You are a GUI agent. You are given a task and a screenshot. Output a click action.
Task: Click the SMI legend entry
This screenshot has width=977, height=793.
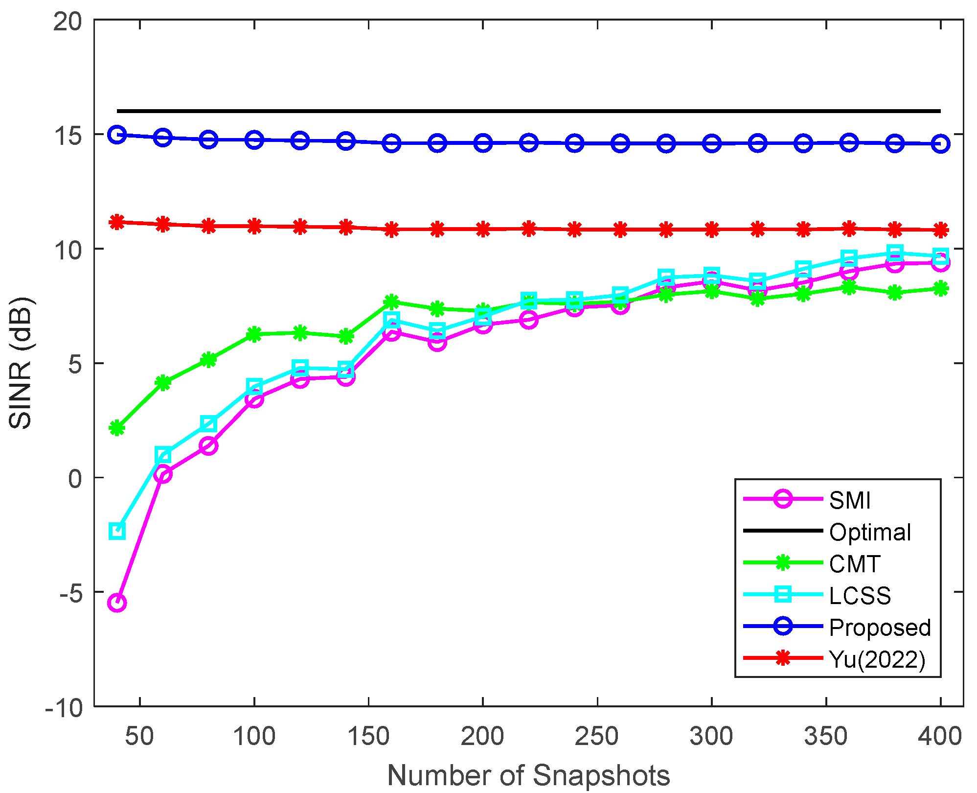pos(850,500)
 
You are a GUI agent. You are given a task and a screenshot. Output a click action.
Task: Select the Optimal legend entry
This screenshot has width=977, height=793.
pos(870,532)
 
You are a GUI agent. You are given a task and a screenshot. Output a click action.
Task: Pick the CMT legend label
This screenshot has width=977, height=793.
pos(855,564)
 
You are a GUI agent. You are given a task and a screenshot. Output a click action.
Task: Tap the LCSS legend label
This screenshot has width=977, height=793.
pos(860,596)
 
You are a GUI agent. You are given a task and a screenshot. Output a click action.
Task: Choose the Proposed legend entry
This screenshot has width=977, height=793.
pos(880,628)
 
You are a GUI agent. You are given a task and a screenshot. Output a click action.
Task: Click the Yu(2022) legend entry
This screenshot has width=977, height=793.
pos(877,659)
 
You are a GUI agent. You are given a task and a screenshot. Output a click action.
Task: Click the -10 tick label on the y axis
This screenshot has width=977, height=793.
pos(64,707)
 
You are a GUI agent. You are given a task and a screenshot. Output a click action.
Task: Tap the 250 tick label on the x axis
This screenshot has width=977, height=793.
pos(597,736)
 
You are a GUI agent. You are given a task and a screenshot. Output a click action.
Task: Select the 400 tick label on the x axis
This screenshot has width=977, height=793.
pos(940,736)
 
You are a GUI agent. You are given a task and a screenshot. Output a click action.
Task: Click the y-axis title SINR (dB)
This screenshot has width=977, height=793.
pos(21,363)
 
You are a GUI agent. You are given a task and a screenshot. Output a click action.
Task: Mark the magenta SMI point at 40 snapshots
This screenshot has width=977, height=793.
pos(117,603)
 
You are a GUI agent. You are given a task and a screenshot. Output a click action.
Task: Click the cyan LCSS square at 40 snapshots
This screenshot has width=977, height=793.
pos(117,531)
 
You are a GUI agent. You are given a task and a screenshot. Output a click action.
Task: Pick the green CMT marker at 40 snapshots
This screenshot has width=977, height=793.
pos(117,428)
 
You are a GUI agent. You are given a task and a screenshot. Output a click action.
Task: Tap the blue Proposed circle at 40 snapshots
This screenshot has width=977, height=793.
pos(117,135)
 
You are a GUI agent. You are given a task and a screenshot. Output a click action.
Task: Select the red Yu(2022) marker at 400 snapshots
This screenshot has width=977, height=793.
pos(940,230)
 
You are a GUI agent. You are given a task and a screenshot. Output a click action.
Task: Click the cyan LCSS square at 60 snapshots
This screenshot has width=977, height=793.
pos(163,455)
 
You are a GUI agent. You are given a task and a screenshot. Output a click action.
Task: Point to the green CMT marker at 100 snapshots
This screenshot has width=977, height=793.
pos(254,335)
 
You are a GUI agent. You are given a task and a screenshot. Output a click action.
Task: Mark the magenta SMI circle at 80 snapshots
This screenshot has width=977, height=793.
pos(208,445)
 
